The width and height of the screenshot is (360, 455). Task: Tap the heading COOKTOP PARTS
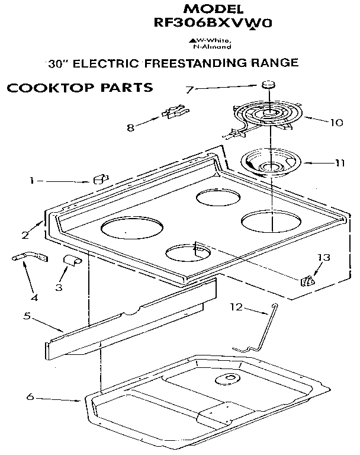click(79, 88)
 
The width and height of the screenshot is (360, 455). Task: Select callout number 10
click(336, 123)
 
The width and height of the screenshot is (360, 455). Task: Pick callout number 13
click(323, 258)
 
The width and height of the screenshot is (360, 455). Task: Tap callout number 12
click(236, 307)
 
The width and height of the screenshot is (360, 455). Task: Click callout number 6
click(30, 396)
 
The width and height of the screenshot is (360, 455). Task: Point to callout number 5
click(27, 316)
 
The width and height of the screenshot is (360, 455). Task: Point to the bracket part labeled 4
click(27, 258)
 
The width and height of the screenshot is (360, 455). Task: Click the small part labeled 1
click(100, 178)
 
